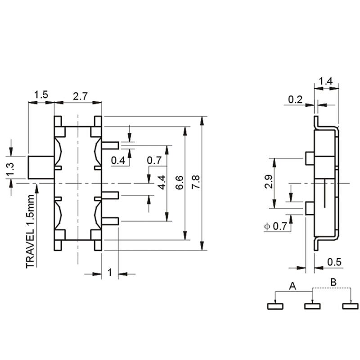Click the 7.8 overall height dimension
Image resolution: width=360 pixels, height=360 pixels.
point(196,182)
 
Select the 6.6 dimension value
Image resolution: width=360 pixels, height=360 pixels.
point(179,183)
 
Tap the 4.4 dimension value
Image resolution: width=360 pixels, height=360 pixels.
point(162,183)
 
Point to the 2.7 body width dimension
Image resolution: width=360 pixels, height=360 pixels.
point(80,96)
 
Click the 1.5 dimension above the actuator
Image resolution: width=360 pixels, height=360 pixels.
point(41,94)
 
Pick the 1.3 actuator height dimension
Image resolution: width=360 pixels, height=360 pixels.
point(10,169)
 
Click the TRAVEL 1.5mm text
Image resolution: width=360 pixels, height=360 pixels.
point(30,231)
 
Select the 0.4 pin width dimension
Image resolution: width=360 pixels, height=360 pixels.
point(118,161)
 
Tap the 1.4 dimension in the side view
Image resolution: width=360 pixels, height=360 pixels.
point(326,81)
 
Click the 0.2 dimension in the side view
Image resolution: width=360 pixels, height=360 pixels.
point(295,99)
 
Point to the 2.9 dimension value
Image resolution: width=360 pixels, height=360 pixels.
point(268,182)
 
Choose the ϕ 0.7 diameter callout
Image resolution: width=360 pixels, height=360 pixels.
point(275,226)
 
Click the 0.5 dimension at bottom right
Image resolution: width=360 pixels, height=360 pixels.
point(334,262)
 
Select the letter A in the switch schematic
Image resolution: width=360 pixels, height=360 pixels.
point(292,286)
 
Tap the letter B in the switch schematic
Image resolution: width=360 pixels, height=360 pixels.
point(333,282)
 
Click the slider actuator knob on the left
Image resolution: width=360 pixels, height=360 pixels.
point(41,167)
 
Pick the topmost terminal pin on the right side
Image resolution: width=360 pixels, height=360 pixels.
point(110,145)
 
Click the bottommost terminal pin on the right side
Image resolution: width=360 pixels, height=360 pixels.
point(110,221)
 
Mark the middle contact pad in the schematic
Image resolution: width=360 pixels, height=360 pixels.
point(312,306)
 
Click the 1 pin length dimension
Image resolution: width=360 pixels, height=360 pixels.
point(110,273)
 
